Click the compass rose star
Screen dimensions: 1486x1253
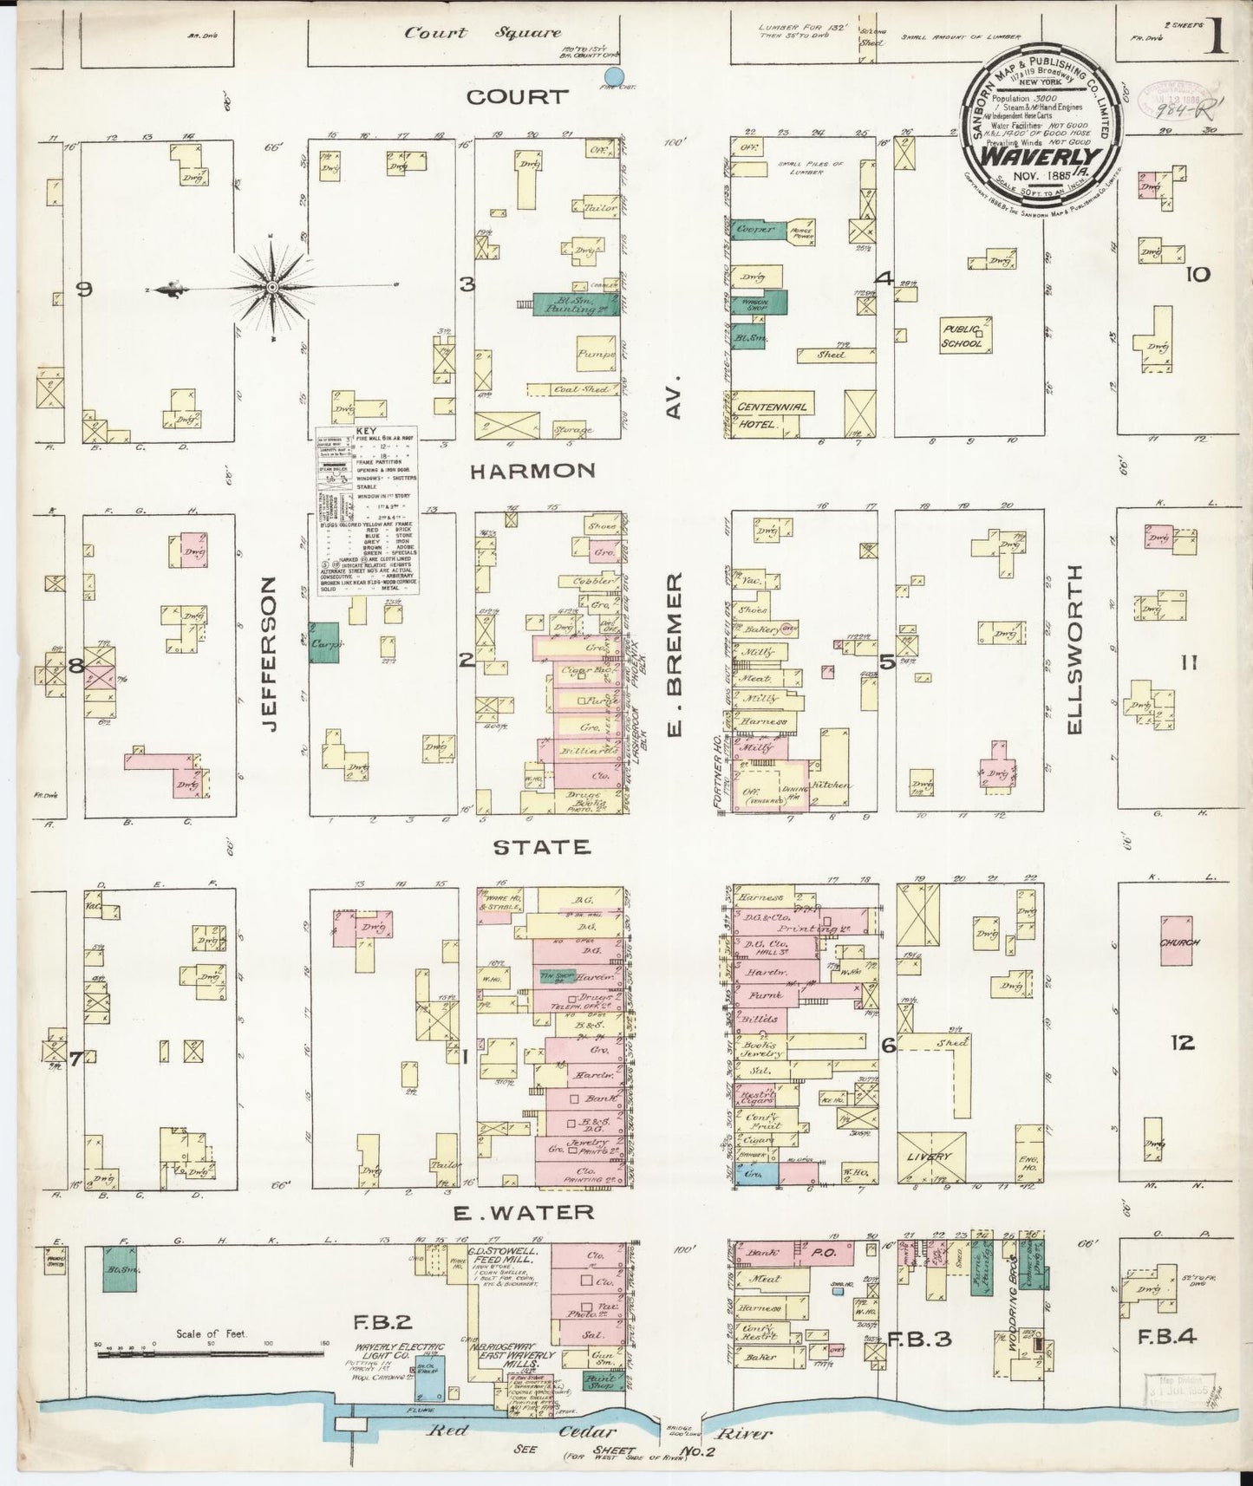tap(271, 286)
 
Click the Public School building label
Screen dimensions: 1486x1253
tap(963, 336)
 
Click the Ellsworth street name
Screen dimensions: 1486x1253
tap(1075, 649)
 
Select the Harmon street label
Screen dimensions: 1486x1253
tap(532, 471)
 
